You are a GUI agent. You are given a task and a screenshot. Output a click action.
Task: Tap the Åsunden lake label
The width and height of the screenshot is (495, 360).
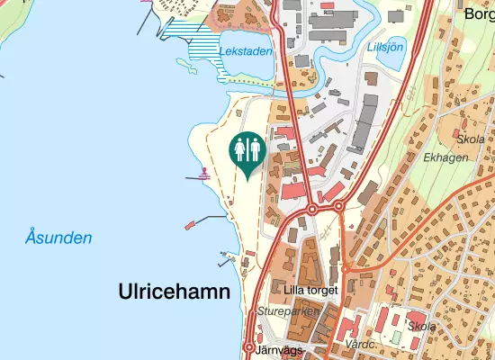[58, 238]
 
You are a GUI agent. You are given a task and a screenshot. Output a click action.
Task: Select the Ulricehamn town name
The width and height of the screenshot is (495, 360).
[174, 292]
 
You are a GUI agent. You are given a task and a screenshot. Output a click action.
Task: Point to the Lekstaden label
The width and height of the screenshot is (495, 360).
[245, 51]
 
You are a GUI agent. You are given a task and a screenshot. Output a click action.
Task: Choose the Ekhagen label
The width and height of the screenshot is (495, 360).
[445, 157]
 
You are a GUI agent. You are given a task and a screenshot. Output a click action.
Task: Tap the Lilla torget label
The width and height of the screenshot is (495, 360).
[310, 290]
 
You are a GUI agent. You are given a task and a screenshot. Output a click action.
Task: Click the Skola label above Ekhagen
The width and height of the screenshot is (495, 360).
[471, 139]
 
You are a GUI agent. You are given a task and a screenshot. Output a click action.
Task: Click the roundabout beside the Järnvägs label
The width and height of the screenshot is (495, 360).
[249, 347]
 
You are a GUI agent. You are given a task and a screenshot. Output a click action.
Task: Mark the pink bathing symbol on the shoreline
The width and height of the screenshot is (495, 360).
[205, 173]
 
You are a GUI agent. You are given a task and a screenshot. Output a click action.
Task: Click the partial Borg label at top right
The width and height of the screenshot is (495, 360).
[478, 13]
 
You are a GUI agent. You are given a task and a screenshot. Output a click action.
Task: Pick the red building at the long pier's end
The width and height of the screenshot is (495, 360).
[190, 225]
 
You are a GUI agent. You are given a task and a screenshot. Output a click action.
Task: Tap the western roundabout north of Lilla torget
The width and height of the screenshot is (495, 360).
[311, 209]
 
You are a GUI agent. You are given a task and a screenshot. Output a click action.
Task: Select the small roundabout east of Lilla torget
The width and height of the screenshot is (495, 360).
[345, 268]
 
